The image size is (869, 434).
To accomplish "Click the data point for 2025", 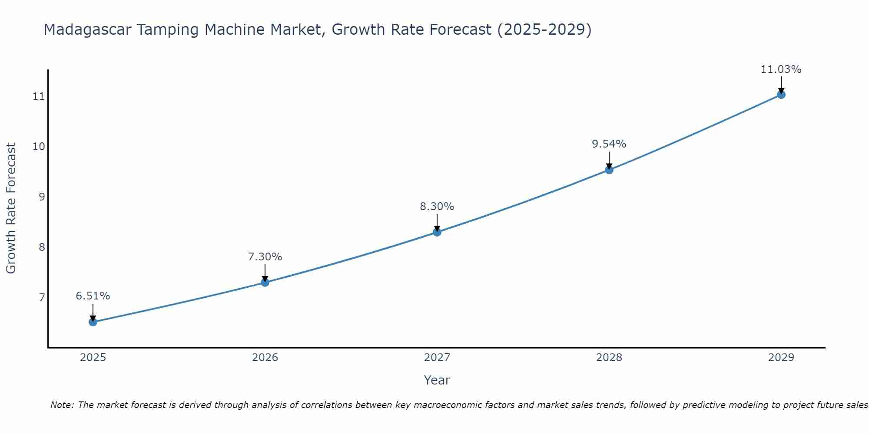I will [93, 322].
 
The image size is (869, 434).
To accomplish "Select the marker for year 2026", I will [265, 283].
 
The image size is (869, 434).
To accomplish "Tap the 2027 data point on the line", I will [437, 232].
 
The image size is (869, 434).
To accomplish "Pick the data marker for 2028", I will [609, 170].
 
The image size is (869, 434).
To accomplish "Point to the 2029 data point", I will [781, 95].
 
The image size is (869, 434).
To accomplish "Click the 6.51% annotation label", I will [93, 296].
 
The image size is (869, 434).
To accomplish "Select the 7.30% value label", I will [265, 257].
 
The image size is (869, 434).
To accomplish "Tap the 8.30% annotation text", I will [437, 207].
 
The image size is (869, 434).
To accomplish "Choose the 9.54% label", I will [609, 144].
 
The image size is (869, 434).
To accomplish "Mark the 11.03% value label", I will [781, 69].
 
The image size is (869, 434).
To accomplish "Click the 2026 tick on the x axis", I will [265, 358].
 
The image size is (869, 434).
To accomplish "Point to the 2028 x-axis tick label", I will [609, 358].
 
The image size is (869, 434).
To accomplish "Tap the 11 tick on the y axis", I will [39, 96].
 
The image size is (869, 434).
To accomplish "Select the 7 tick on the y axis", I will [42, 297].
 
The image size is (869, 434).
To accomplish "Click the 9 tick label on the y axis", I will [42, 197].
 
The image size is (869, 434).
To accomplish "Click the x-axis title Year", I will [437, 380].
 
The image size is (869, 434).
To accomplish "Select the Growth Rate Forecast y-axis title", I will [11, 208].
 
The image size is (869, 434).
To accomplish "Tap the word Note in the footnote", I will [62, 405].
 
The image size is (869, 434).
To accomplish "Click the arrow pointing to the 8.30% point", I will [437, 222].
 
